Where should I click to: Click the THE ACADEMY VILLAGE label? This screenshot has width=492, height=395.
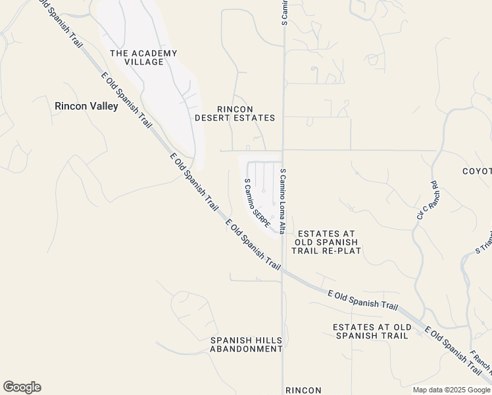143,57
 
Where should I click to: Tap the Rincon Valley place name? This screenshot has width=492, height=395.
86,105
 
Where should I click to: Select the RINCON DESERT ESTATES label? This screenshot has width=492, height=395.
235,113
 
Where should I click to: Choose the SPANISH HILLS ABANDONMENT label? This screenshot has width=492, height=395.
246,344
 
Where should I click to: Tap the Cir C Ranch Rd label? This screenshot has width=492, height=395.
426,200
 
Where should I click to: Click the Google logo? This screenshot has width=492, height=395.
22,387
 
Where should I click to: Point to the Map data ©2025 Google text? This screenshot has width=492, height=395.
452,390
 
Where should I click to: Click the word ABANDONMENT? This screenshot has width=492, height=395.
246,349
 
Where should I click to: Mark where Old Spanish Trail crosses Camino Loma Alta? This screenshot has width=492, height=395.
283,269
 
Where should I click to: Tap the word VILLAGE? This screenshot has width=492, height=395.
143,62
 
